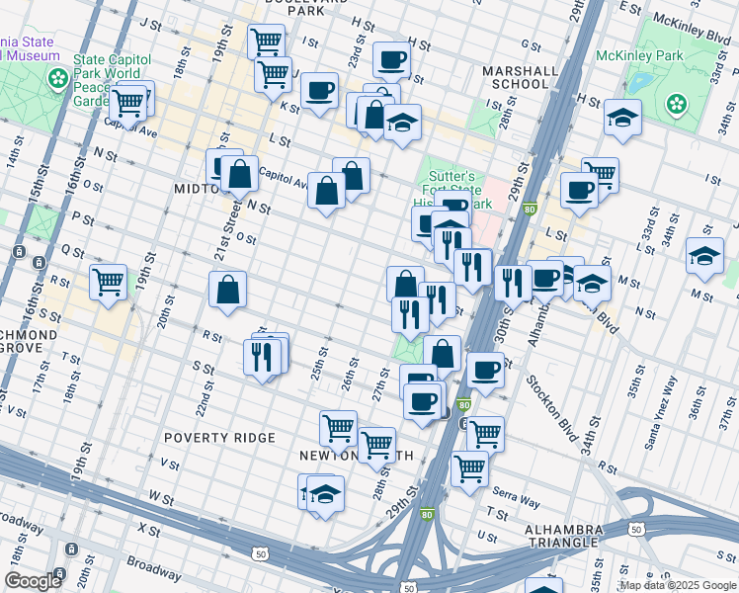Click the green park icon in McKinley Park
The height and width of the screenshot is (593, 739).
[x=677, y=104]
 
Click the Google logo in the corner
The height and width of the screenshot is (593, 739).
[x=33, y=581]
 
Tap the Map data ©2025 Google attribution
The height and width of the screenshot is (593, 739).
[x=678, y=585]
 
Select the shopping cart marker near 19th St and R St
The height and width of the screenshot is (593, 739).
[x=109, y=281]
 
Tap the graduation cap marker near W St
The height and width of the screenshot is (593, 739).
[x=325, y=492]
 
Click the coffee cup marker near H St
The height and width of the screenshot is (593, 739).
[x=391, y=59]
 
